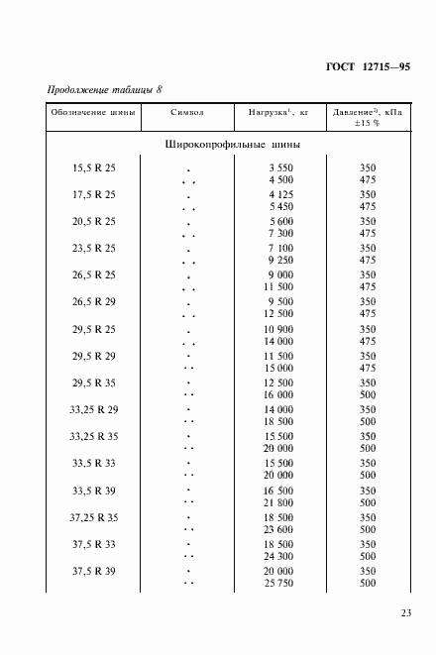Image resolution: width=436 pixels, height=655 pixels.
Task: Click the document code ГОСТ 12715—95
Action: (367, 67)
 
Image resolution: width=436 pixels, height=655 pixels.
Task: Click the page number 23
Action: (406, 613)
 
